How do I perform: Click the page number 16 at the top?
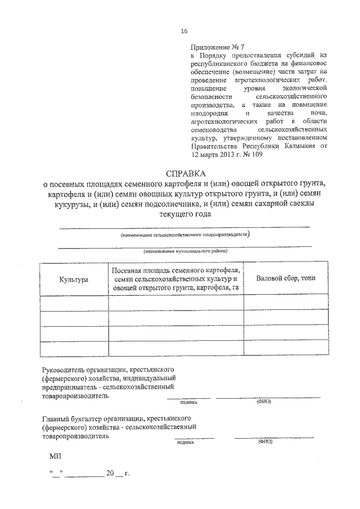[183, 31]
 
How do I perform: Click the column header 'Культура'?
[74, 280]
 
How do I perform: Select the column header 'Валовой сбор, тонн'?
[286, 278]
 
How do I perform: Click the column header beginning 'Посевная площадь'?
[176, 279]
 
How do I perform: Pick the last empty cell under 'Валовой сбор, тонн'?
[286, 348]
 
